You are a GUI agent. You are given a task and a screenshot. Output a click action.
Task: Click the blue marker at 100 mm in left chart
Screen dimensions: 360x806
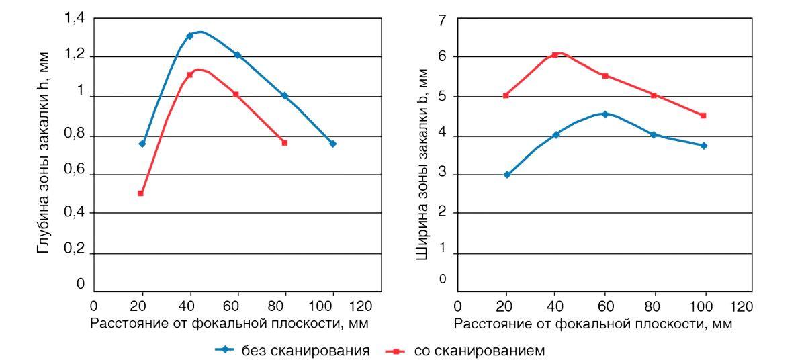coord(332,144)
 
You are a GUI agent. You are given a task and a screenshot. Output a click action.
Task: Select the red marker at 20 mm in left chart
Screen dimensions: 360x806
coord(141,193)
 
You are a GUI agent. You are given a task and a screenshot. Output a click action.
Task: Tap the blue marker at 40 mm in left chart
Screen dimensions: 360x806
coord(189,36)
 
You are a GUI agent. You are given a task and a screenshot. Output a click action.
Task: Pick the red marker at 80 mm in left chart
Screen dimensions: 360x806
coord(284,142)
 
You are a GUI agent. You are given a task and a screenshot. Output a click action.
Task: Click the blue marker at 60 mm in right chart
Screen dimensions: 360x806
coord(604,114)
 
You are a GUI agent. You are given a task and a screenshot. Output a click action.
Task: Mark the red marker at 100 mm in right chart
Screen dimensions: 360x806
coord(703,116)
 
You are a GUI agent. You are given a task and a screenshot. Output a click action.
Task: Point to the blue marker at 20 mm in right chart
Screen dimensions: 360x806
coord(507,175)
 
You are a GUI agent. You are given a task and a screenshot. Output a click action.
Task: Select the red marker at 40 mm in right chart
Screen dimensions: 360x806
coord(555,55)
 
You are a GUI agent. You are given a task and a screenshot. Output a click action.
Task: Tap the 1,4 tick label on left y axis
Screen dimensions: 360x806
coord(74,18)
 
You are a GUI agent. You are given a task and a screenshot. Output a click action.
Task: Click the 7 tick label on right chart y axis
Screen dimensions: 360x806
coord(441,19)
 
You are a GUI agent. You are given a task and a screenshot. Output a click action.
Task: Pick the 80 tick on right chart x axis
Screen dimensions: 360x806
coord(654,306)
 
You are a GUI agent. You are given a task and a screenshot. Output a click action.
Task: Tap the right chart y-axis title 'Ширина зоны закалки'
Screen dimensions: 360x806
coord(422,161)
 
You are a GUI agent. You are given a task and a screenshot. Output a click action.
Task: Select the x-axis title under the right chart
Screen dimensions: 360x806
coord(593,323)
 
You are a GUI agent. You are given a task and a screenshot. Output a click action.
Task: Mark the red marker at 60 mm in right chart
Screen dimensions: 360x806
coord(604,76)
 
